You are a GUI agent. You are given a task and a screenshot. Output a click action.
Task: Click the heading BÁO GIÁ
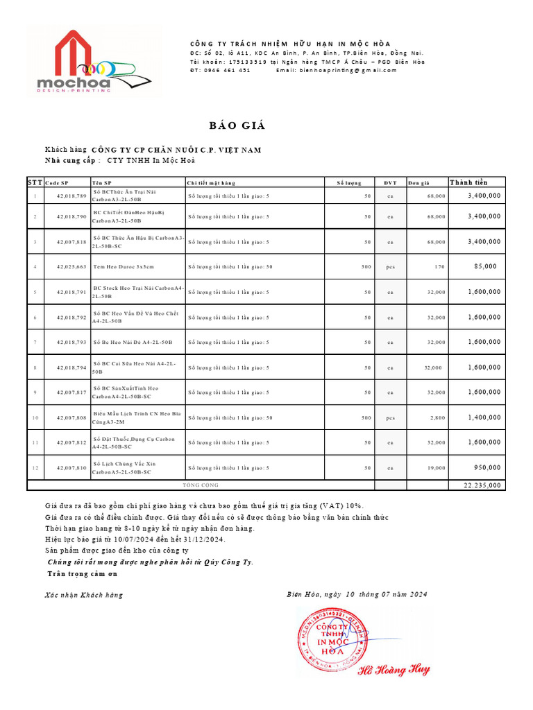(x=237, y=125)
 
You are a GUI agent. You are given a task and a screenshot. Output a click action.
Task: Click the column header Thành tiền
(x=468, y=182)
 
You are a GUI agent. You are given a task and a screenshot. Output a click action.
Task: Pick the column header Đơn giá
(x=418, y=183)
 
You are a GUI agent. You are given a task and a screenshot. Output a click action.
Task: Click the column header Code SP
(x=57, y=183)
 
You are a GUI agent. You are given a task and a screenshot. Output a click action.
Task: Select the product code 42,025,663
(x=71, y=266)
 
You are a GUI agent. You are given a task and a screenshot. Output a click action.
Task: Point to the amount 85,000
(x=485, y=266)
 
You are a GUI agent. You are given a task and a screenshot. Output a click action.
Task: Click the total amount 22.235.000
(x=482, y=485)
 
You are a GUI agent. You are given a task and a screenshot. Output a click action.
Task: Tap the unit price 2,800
(x=437, y=418)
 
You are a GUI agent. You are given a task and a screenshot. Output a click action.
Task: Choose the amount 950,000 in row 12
(x=487, y=467)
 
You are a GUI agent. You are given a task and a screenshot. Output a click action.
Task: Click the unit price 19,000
(x=436, y=468)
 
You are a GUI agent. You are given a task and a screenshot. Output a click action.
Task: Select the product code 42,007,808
(x=71, y=418)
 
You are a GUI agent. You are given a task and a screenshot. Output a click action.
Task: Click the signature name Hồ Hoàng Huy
(x=394, y=670)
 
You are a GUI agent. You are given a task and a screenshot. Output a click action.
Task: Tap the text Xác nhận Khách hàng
(x=83, y=595)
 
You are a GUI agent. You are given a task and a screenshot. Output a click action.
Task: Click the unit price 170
(x=439, y=266)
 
